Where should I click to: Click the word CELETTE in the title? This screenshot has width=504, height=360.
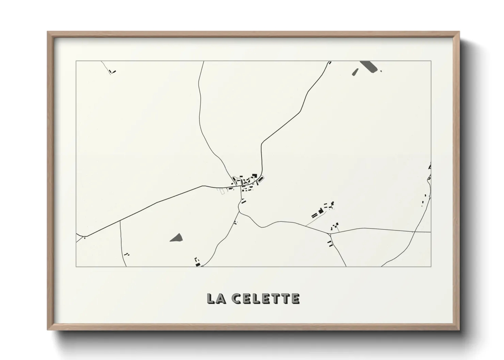pos(266,298)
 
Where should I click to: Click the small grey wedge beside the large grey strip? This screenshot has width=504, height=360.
pos(355,72)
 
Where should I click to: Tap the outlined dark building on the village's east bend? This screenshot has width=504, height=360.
pos(261,179)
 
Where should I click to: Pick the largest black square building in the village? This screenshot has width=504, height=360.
pos(254,176)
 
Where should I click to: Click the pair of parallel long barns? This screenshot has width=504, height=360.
pos(314,215)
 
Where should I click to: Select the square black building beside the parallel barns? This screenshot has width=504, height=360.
pos(320,211)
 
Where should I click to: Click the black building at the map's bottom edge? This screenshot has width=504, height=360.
pos(198,264)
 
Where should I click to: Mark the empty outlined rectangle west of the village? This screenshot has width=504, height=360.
pos(222,192)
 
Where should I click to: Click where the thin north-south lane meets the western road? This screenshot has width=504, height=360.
pos(120,221)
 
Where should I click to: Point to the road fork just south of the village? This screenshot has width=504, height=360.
pos(239,212)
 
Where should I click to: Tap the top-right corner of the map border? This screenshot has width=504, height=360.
pos(431,61)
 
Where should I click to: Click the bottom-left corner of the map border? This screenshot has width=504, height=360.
pos(76,266)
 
